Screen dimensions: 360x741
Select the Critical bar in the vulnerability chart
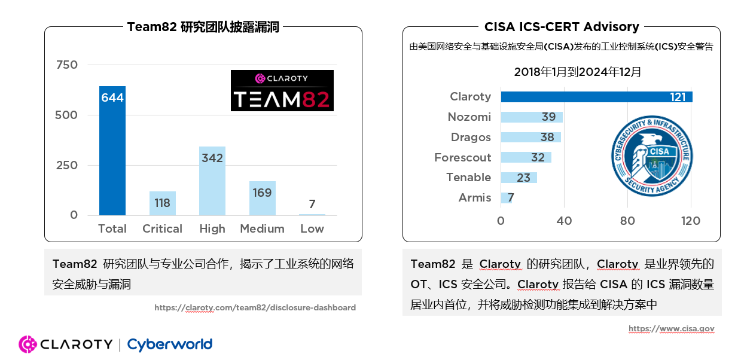coord(162,203)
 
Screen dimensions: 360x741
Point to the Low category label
coord(312,229)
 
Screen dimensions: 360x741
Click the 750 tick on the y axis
coord(66,65)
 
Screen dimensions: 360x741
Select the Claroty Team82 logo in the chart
coord(282,90)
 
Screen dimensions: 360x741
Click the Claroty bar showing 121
coord(596,97)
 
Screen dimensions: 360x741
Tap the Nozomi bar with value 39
coord(532,117)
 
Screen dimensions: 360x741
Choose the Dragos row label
coord(471,138)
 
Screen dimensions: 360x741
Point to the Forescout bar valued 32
coord(526,157)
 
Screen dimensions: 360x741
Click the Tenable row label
coord(468,178)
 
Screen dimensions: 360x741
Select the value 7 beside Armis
coord(511,198)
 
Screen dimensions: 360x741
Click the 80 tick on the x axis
coord(627,221)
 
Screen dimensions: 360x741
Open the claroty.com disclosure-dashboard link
coord(255,308)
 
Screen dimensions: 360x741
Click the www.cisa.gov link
coord(671,329)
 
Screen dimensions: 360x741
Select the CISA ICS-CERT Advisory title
coord(562,27)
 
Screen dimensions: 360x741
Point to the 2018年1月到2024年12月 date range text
coord(578,72)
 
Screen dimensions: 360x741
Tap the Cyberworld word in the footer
coord(170,344)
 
